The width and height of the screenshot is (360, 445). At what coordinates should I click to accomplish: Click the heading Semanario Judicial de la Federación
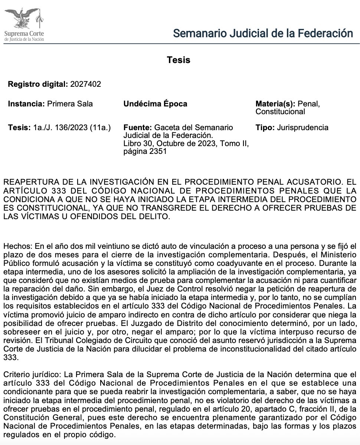[x=263, y=33]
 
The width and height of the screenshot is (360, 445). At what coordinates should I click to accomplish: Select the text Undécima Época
[x=155, y=104]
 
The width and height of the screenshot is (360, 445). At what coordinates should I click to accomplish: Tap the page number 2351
[x=160, y=151]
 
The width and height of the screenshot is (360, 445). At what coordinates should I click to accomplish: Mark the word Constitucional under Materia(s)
[x=280, y=112]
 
